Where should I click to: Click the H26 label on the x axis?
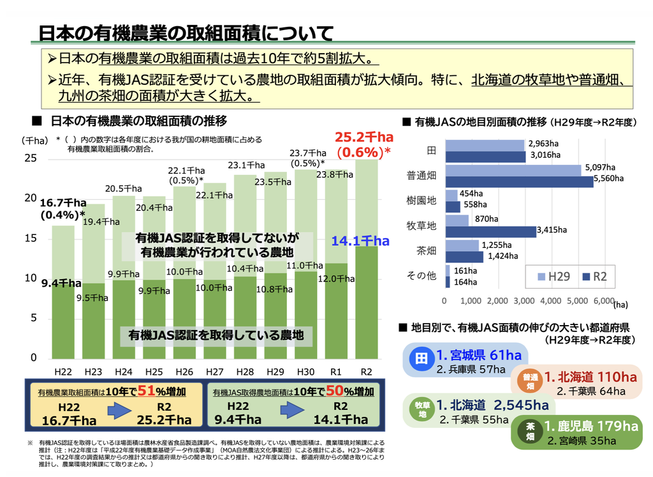click(184, 372)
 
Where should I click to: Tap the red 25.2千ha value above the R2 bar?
click(364, 137)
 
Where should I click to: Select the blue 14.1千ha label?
click(360, 241)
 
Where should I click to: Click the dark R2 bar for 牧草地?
click(490, 231)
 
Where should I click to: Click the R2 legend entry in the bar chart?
click(594, 276)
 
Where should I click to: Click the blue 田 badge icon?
click(422, 359)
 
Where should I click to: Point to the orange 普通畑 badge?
click(529, 381)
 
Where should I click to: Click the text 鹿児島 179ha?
click(590, 426)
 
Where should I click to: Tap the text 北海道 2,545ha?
click(493, 405)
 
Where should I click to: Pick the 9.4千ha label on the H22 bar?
click(61, 283)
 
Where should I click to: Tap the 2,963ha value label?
click(543, 143)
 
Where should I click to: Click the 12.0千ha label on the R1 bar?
click(336, 278)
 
